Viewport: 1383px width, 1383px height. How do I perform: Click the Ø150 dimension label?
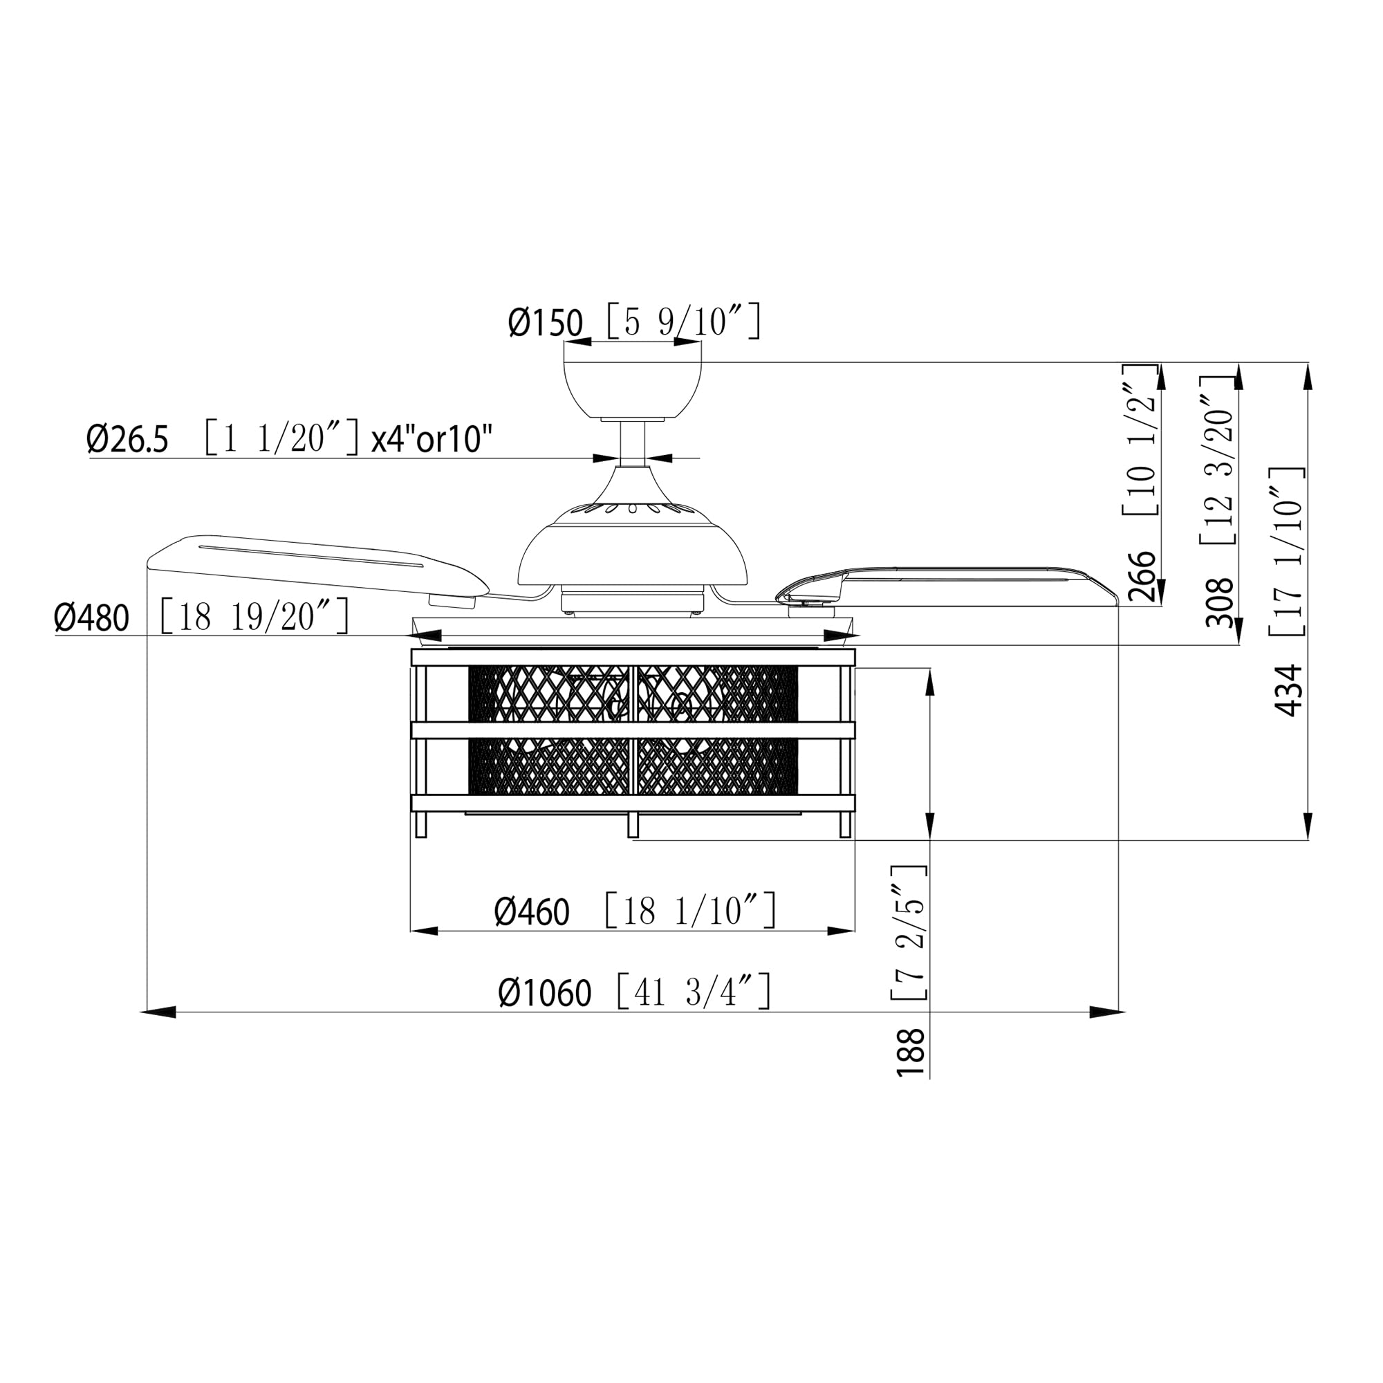[x=546, y=323]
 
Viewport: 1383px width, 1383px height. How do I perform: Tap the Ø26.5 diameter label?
[x=127, y=439]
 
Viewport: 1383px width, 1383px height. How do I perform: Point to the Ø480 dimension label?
[x=92, y=618]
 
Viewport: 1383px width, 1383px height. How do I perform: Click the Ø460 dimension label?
[x=532, y=912]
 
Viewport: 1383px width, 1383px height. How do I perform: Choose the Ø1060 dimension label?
[x=545, y=993]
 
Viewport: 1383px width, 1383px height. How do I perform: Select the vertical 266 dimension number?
[x=1142, y=576]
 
